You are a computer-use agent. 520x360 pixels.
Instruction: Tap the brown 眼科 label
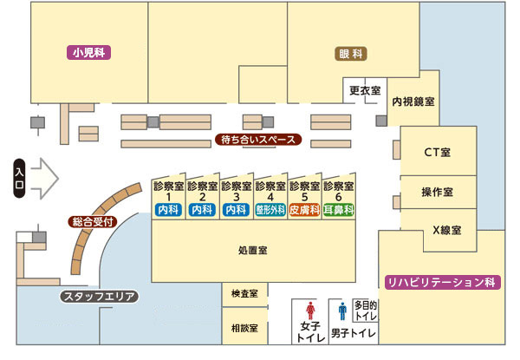(352, 53)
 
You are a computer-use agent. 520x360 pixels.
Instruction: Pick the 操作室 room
(437, 192)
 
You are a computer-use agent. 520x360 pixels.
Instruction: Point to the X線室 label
(446, 231)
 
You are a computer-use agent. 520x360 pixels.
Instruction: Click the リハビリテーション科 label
(440, 282)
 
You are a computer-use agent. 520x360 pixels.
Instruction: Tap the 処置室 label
(253, 250)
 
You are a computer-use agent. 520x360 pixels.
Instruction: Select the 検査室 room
(245, 296)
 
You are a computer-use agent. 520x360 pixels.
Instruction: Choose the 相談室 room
(245, 331)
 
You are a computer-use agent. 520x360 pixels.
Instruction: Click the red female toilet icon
(310, 310)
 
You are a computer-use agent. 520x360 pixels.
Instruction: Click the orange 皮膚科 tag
(304, 210)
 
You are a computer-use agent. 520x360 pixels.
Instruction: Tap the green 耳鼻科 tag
(338, 210)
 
